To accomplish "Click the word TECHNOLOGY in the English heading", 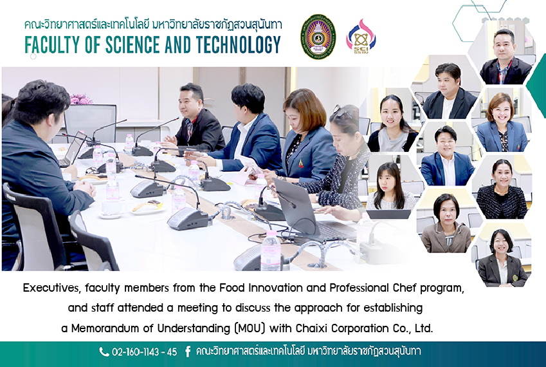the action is (x=238, y=44).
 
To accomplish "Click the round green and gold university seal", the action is (x=318, y=37).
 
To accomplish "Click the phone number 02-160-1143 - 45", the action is (x=144, y=352).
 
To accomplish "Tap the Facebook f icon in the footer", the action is (x=188, y=352).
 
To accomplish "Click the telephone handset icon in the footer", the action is (x=104, y=352).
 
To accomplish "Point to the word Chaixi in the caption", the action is (x=312, y=328).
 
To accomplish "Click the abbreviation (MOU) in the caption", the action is (x=250, y=328).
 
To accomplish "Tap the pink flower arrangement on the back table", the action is (x=81, y=99).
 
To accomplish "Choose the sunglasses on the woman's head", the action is (x=342, y=111).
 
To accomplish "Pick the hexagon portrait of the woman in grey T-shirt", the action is (x=392, y=124).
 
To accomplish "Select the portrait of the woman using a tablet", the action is (x=391, y=191).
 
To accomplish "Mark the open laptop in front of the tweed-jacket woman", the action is (x=306, y=212).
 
